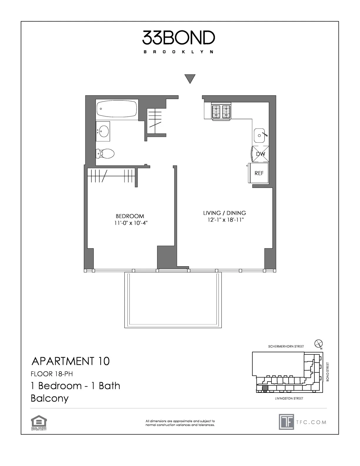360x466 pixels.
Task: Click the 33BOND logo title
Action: (179, 38)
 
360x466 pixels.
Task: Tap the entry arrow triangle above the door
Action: (190, 79)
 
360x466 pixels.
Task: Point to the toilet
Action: (105, 153)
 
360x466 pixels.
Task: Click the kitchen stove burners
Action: (221, 112)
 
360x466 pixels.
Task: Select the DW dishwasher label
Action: (260, 154)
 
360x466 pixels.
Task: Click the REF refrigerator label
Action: (259, 173)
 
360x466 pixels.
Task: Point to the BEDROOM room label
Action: (130, 216)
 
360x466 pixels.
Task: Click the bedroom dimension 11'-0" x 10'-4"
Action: (131, 223)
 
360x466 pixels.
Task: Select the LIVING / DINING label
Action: (225, 213)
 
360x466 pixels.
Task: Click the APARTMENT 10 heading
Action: (70, 361)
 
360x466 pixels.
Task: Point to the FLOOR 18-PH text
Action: (51, 374)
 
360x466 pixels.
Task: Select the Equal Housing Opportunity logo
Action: (39, 422)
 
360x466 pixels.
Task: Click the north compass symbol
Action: (318, 343)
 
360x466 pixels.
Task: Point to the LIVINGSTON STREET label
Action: (289, 398)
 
